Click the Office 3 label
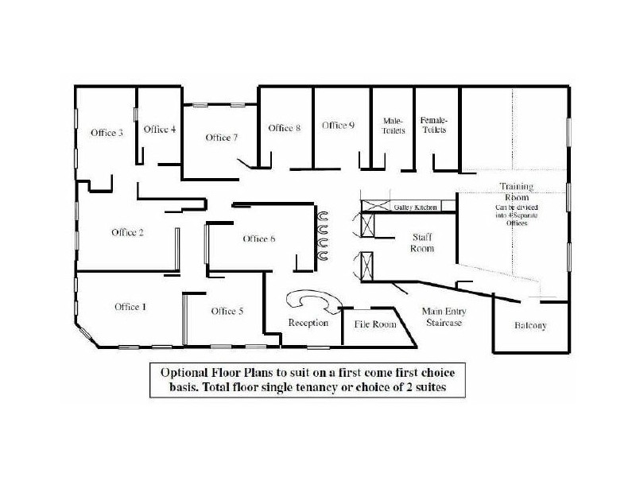coord(107,133)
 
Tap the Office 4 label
coord(160,130)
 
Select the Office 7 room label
coord(222,138)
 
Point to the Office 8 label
coord(284,128)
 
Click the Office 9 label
coord(338,125)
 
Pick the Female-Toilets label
coord(434,125)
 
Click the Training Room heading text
coord(516,192)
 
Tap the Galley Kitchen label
coord(416,207)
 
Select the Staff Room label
coord(421,242)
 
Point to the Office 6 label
coord(259,238)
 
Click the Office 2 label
coord(127,232)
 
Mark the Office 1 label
coord(130,307)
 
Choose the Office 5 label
coord(227,311)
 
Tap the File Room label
coord(374,324)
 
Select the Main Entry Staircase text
coord(442,317)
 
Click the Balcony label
coord(530,326)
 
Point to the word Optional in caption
coord(185,373)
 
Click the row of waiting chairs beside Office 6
coord(324,235)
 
